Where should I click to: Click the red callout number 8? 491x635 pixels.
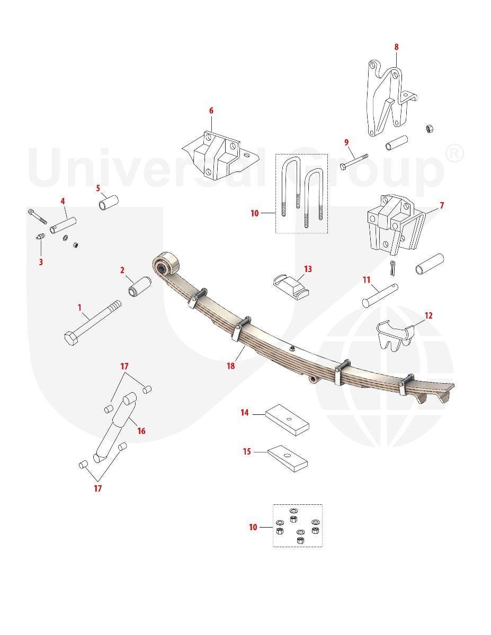pos(396,47)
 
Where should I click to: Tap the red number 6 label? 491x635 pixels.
pos(211,111)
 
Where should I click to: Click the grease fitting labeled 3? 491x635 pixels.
pos(41,236)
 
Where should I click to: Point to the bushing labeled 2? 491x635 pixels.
pos(140,287)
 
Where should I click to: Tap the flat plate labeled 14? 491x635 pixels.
pos(287,420)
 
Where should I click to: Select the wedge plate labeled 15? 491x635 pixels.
pos(288,458)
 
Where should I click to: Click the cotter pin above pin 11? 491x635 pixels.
pos(392,268)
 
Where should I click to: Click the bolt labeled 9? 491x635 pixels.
pos(354,161)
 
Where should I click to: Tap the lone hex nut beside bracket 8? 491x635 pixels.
pos(429,129)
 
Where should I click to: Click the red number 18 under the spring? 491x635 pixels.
pos(231,366)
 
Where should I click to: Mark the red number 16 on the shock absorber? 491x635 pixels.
pos(141,431)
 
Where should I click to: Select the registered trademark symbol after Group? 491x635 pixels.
pos(453,155)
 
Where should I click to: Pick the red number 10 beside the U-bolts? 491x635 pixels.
pos(255,213)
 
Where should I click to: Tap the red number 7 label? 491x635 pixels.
pos(442,205)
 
